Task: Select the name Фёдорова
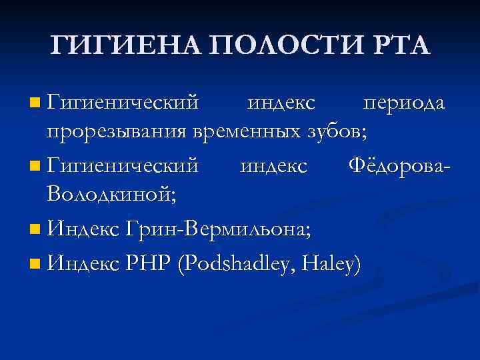399,164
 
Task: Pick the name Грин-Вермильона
213,229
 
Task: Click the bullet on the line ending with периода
35,103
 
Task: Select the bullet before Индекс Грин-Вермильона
35,230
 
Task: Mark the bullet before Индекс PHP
35,263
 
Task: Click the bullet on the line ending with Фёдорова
35,164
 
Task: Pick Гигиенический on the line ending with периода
123,103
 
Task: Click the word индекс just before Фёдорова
274,164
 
